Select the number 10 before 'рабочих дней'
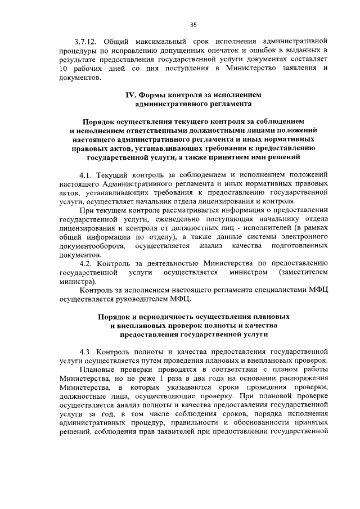64,68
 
